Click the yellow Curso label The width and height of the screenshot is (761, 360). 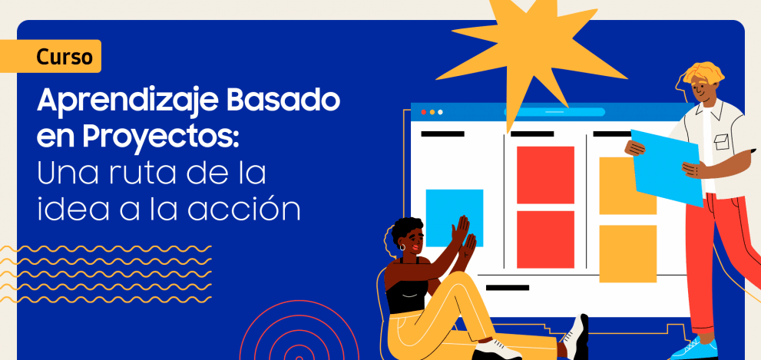tap(51, 56)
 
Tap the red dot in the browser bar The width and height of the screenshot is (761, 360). tap(423, 112)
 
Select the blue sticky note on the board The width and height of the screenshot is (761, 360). tap(455, 218)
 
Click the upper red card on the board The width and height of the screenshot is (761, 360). tap(545, 175)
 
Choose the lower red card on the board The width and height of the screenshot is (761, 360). tap(545, 239)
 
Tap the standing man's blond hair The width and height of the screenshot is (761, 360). tap(703, 74)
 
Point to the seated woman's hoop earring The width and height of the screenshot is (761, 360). tap(402, 247)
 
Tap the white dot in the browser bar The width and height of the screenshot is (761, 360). tap(440, 112)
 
